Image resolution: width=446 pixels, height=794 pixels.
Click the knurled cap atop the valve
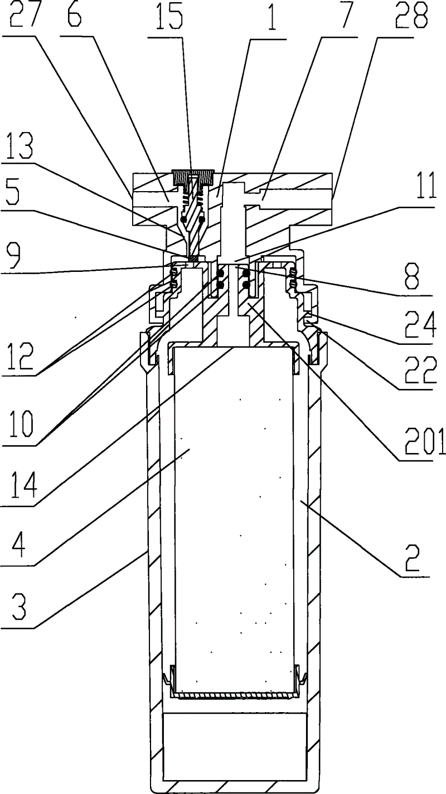tap(193, 178)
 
